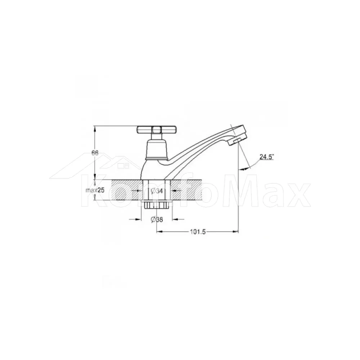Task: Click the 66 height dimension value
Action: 95,153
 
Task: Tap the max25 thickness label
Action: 95,190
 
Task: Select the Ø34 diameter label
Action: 157,190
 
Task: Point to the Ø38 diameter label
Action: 157,220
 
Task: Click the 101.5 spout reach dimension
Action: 197,232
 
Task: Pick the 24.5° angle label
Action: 267,157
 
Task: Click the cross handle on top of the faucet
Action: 157,130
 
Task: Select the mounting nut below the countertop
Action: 157,204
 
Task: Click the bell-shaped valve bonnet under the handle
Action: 157,150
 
